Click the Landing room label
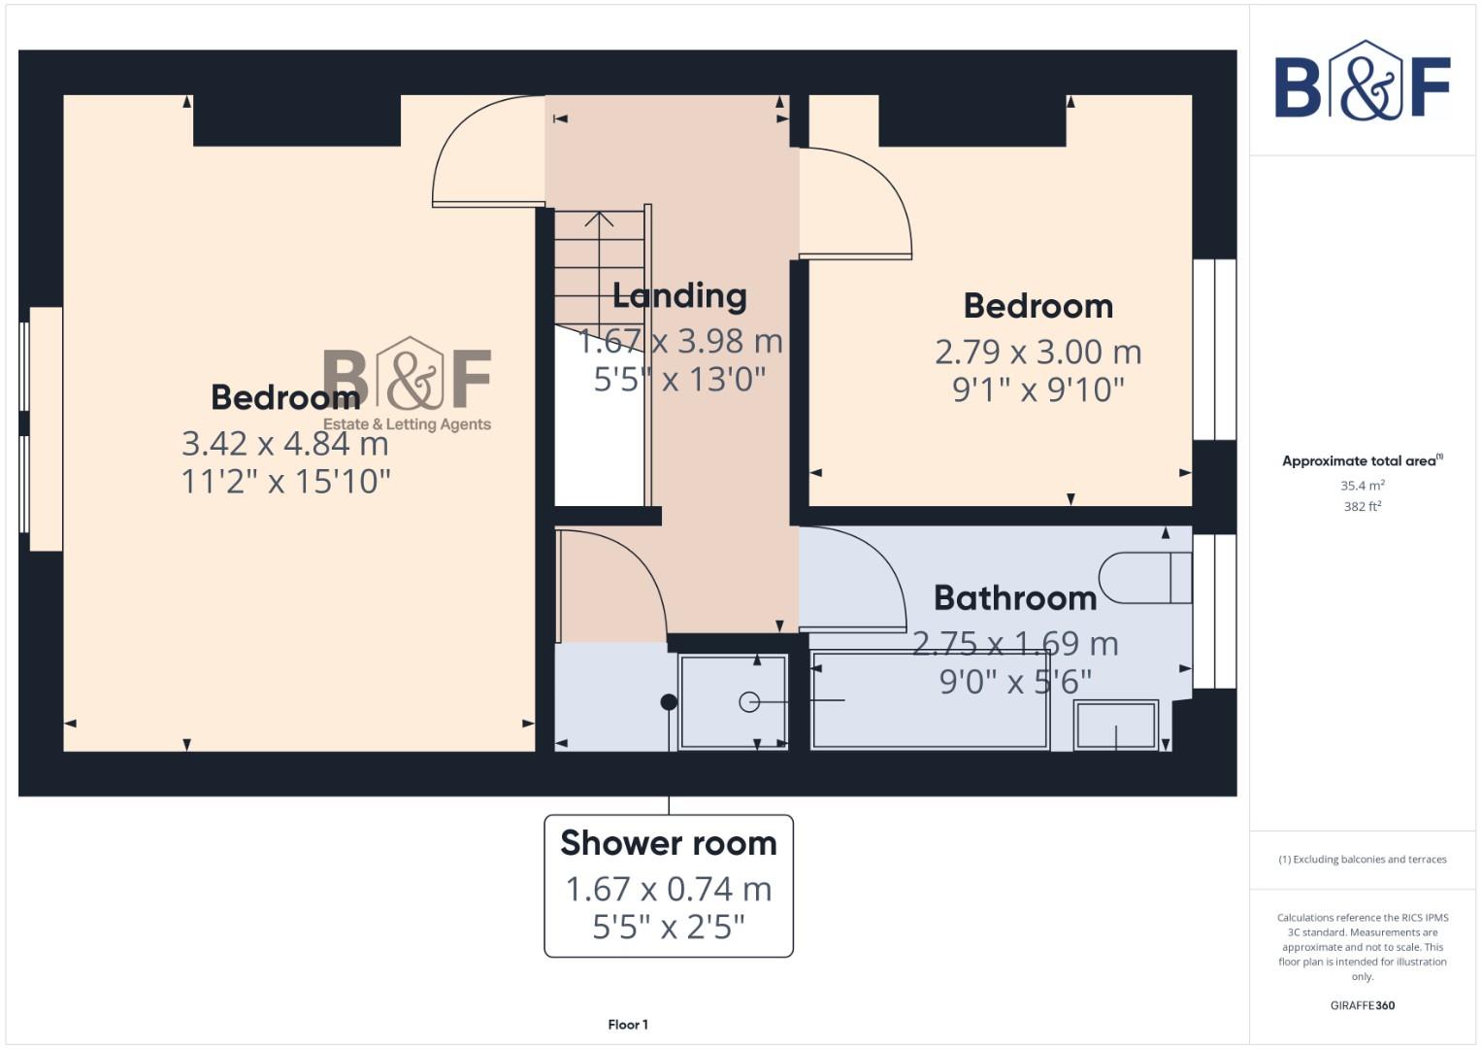tap(679, 296)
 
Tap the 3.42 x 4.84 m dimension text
tap(285, 444)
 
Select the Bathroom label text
tap(1015, 598)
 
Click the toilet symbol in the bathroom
tap(1145, 578)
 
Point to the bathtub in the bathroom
tap(930, 699)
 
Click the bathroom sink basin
tap(1116, 725)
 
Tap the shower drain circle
tap(749, 701)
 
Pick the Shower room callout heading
tap(669, 843)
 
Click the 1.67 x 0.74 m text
tap(669, 889)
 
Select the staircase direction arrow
tap(600, 220)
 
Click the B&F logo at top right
tap(1363, 82)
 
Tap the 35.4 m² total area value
tap(1363, 485)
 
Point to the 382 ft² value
tap(1363, 506)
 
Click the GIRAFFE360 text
tap(1363, 1005)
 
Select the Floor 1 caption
tap(628, 1025)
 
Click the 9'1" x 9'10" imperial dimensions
tap(1038, 389)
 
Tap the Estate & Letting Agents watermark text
tap(407, 424)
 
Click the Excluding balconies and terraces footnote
tap(1363, 860)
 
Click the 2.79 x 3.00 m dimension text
tap(1038, 352)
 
